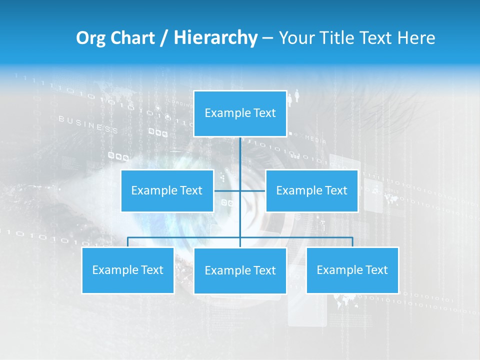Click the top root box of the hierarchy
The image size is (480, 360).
(x=240, y=113)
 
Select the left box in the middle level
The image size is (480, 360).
(x=167, y=190)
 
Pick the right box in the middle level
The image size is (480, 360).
(x=311, y=190)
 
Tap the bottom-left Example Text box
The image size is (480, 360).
(x=127, y=270)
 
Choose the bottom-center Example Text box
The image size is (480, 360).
(x=240, y=270)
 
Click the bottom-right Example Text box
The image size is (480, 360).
(x=352, y=270)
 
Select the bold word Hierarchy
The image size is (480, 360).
(x=215, y=38)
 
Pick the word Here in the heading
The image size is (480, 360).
(x=416, y=38)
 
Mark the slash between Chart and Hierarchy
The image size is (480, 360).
(x=164, y=38)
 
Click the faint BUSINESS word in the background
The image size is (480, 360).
(x=88, y=124)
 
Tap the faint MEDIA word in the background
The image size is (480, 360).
(x=315, y=138)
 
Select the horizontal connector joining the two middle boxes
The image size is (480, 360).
(x=228, y=190)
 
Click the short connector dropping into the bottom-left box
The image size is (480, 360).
(x=127, y=242)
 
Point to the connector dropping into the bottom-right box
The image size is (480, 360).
(x=352, y=242)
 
